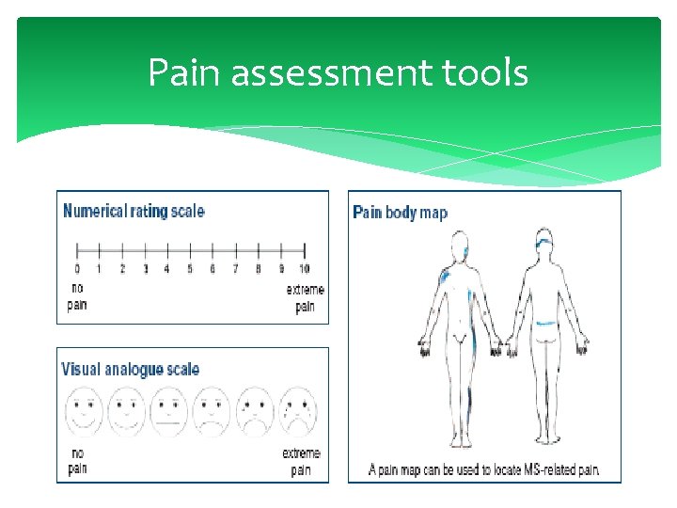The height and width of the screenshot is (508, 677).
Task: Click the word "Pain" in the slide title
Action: (184, 72)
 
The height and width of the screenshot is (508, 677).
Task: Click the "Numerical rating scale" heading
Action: (134, 211)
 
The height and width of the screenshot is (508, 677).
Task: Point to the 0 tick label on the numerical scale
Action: (77, 269)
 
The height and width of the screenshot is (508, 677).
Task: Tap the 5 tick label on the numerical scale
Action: (190, 269)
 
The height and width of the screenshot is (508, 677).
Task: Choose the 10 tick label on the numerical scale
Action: (305, 269)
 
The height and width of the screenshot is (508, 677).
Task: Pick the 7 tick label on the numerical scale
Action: (236, 269)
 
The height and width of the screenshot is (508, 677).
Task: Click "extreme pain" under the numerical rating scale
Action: (305, 298)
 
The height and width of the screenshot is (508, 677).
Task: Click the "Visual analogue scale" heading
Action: (131, 369)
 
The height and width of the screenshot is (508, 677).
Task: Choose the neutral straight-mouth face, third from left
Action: (169, 411)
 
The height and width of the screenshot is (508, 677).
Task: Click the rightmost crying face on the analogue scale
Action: (299, 411)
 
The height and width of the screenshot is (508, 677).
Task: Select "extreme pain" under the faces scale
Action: (301, 460)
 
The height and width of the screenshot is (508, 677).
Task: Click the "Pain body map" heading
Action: (400, 213)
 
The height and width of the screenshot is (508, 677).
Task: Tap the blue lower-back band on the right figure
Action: (544, 324)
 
